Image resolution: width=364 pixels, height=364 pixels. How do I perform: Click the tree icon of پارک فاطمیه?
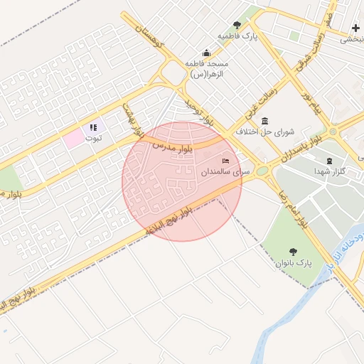tap(237, 26)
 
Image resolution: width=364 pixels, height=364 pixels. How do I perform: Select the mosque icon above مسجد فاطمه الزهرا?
tap(206, 52)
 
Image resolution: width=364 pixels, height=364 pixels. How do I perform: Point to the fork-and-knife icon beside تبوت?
tap(92, 128)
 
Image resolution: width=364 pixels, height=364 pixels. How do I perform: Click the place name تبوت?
tap(93, 138)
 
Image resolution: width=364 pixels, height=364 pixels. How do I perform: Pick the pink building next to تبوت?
tap(74, 137)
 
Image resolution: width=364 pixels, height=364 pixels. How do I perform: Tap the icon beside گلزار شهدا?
tap(328, 161)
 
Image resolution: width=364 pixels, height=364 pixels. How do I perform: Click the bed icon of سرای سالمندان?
tap(226, 161)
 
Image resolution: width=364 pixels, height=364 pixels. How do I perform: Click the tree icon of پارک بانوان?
tap(293, 251)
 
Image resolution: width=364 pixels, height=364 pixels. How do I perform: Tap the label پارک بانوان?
tap(294, 263)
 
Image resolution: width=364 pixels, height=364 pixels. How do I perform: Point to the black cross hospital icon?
tap(355, 28)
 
